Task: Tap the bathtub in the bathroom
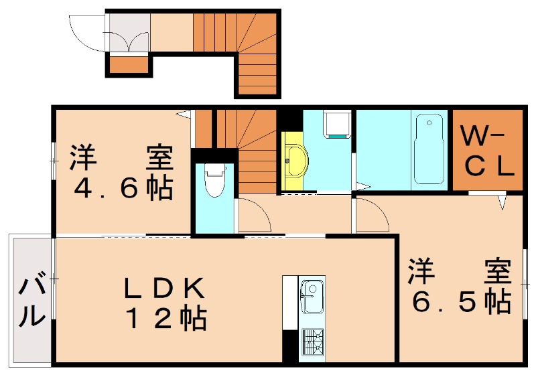[429, 149]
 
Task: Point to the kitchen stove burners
[312, 342]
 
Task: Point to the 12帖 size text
[164, 317]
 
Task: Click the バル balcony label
[31, 302]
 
